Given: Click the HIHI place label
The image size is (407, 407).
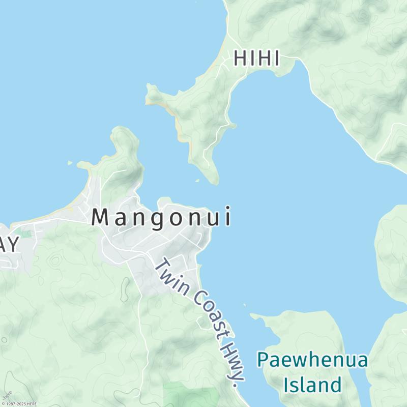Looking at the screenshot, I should tap(256, 59).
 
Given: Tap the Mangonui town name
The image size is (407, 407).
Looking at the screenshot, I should tap(162, 218).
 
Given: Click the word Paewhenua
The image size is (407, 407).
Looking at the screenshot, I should tap(312, 360).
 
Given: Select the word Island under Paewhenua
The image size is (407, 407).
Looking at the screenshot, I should tap(312, 385).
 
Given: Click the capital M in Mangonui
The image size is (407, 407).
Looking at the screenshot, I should tap(101, 218).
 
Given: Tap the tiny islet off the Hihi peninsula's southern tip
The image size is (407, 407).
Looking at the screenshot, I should tap(197, 180).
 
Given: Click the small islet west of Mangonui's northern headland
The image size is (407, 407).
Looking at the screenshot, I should tap(70, 163).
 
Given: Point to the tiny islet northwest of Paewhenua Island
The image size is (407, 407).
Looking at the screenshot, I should tap(244, 305).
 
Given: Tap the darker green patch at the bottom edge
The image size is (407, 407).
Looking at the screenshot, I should tap(191, 395).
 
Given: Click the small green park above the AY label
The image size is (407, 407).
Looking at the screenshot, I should tap(25, 234).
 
